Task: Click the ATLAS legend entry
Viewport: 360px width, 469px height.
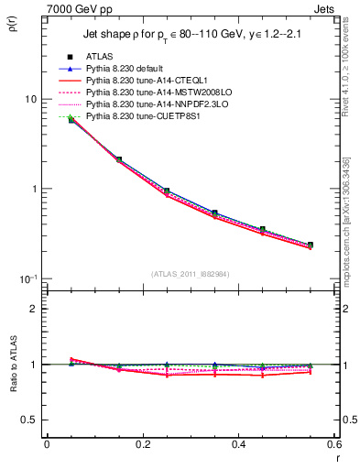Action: click(x=99, y=57)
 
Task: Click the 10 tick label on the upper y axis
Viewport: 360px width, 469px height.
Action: click(x=29, y=99)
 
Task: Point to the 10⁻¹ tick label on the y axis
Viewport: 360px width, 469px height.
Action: click(x=27, y=278)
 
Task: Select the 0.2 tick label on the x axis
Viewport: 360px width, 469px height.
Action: click(x=142, y=444)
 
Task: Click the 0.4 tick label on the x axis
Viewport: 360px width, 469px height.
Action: click(x=238, y=444)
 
